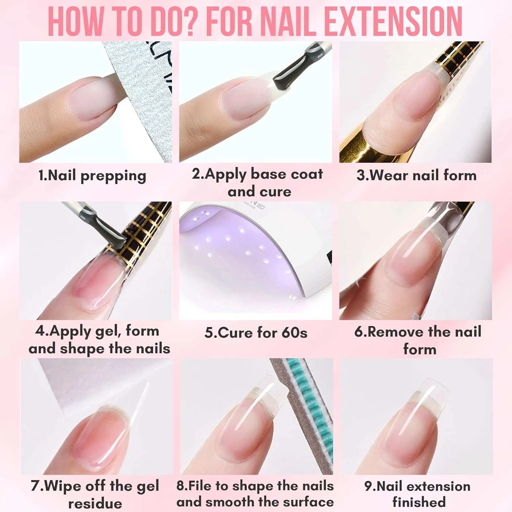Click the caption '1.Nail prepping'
coord(92,176)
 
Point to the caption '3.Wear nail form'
coord(416,175)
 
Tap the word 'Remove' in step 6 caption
coord(396,332)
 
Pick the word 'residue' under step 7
coord(95,503)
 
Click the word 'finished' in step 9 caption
coord(419,502)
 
